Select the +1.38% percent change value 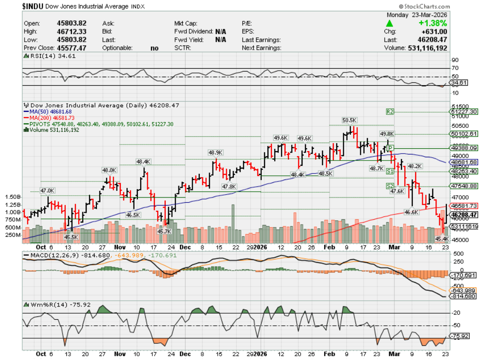coord(433,23)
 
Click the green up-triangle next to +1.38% coord(389,23)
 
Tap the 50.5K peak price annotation coord(349,120)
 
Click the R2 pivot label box coord(390,112)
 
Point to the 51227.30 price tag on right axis coord(464,112)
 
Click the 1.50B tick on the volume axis coord(12,197)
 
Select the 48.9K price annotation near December coord(215,152)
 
